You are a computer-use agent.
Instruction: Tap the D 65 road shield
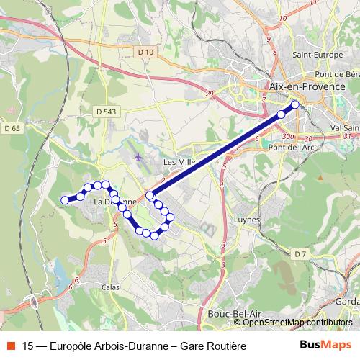[x=12, y=128]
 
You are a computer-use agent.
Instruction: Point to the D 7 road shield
[x=301, y=254]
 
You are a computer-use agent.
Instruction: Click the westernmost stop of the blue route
[x=65, y=200]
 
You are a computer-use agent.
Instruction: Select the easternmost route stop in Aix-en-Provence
[x=295, y=104]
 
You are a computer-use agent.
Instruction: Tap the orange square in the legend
[x=10, y=346]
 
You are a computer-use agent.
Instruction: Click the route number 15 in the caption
[x=29, y=346]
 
